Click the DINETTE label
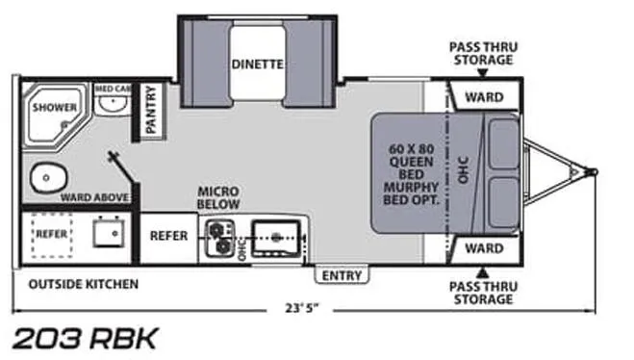257,64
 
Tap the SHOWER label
55,107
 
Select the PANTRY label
150,110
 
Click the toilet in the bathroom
48,178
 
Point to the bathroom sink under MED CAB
113,104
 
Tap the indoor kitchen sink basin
276,239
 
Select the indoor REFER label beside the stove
168,236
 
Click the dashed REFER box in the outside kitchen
52,236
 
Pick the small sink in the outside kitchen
108,232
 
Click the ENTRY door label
342,276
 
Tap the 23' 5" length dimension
302,308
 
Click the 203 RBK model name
85,338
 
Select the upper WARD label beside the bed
484,97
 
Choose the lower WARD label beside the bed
484,248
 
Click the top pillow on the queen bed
503,144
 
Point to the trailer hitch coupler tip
594,172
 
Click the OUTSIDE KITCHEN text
84,284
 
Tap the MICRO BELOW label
218,197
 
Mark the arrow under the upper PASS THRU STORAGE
482,73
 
